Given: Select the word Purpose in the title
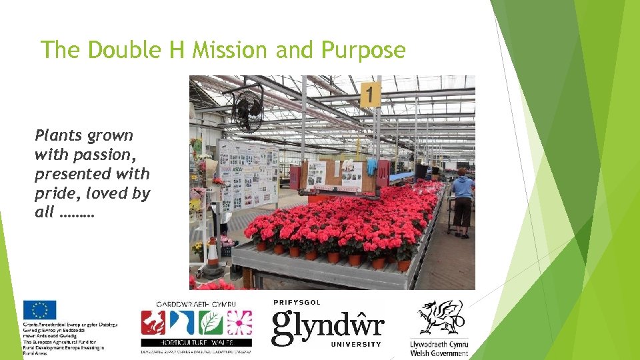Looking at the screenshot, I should coord(364,50).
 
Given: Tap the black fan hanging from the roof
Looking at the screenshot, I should coord(248,109).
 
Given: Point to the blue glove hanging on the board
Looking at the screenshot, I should coord(372,166).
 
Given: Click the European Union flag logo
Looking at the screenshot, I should coord(39,310).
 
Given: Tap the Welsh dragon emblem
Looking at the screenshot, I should coord(440,317).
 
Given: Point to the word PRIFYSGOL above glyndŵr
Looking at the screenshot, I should coord(297,302).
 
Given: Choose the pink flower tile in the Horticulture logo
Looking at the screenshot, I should coord(239,323).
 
